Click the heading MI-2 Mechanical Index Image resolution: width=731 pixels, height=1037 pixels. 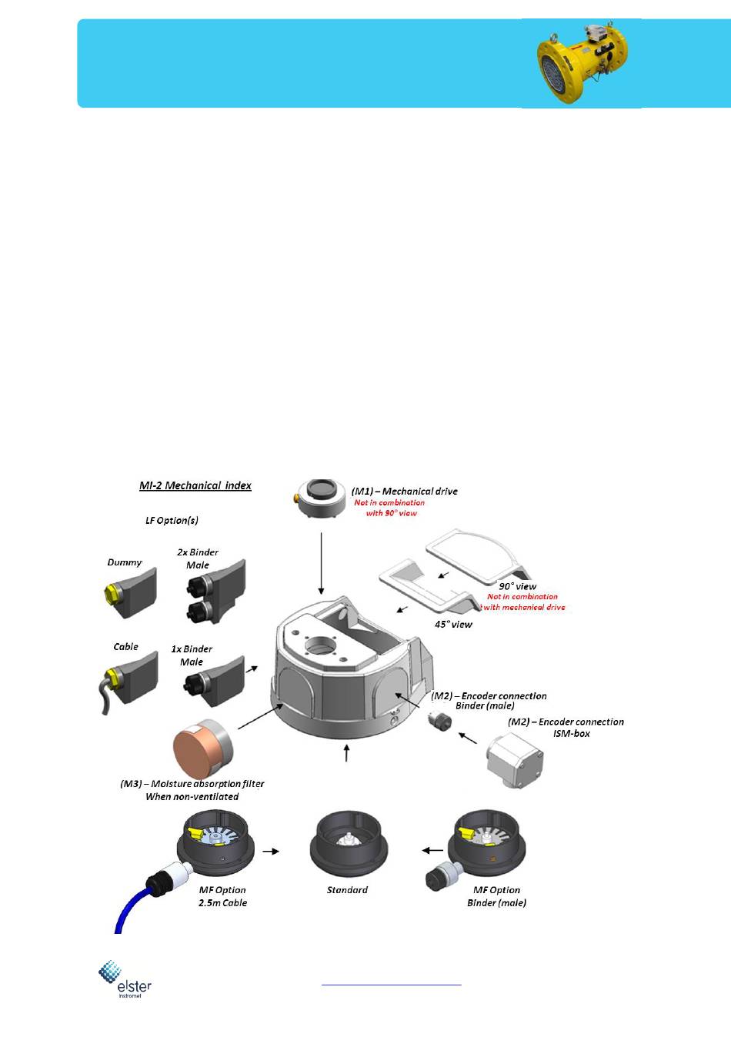pyautogui.click(x=195, y=485)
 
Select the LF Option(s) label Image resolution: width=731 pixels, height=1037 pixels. pyautogui.click(x=172, y=521)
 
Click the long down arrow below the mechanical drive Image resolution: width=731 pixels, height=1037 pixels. pyautogui.click(x=321, y=562)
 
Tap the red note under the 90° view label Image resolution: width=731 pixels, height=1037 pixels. pyautogui.click(x=523, y=602)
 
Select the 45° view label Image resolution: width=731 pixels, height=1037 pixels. pyautogui.click(x=453, y=624)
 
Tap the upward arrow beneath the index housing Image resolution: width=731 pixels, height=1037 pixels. pyautogui.click(x=346, y=752)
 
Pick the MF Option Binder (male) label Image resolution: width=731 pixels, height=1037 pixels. pyautogui.click(x=496, y=896)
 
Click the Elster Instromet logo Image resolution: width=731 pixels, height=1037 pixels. pyautogui.click(x=124, y=979)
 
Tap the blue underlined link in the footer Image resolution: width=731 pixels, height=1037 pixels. pyautogui.click(x=391, y=983)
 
